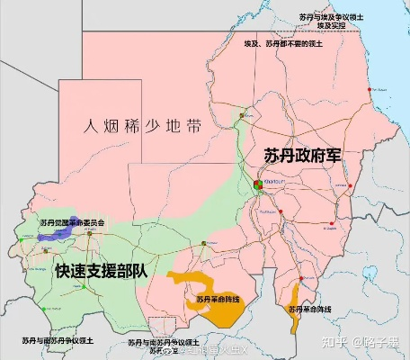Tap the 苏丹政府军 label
click(x=303, y=155)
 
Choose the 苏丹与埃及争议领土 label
click(x=330, y=16)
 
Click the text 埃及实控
click(x=330, y=26)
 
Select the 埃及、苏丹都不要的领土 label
click(x=283, y=43)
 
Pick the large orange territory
click(x=217, y=306)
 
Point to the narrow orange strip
click(x=293, y=295)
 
